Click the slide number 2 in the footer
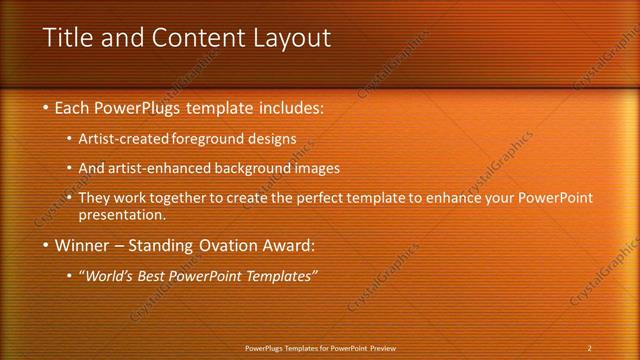pos(589,347)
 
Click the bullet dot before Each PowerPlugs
pos(46,107)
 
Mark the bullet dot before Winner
pos(46,244)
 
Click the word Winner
pos(83,244)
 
